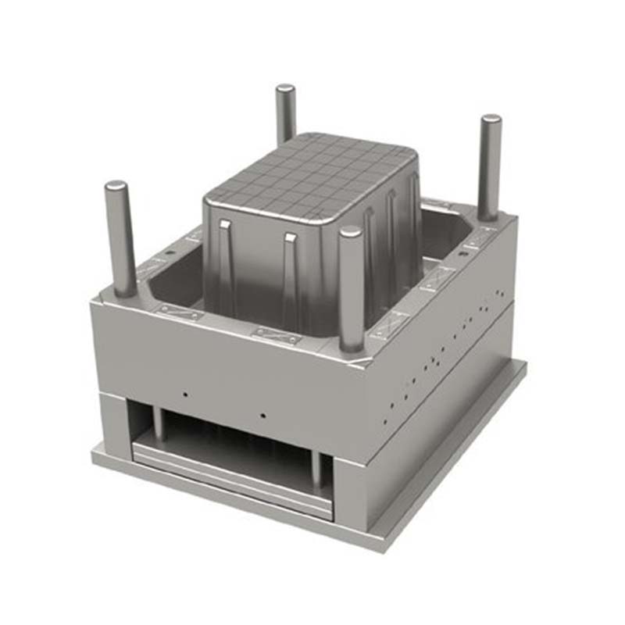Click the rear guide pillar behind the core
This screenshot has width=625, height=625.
[285, 113]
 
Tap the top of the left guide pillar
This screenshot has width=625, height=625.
[116, 187]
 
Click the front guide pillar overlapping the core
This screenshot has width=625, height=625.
[351, 289]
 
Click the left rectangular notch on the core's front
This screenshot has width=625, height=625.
[225, 226]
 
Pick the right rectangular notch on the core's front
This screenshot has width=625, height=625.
[291, 237]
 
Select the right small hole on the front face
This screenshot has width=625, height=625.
[264, 415]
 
